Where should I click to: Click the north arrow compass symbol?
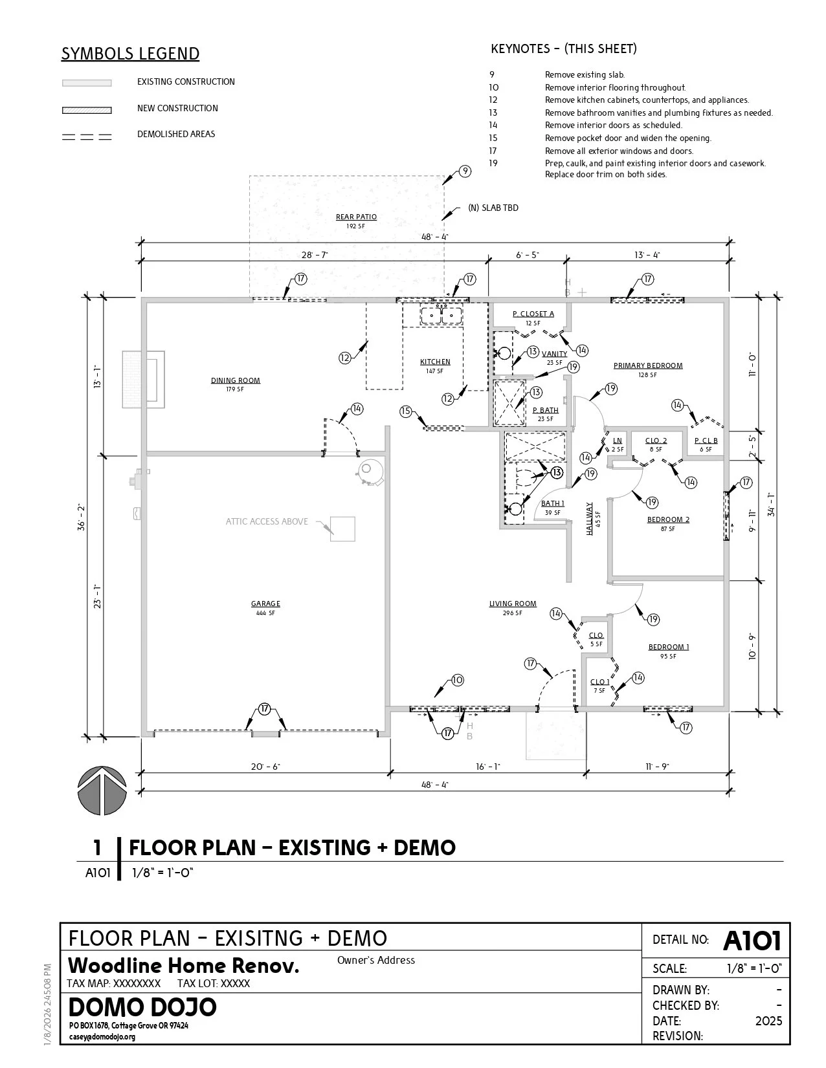point(102,791)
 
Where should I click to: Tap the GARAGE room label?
point(265,604)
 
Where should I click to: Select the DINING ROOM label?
point(236,380)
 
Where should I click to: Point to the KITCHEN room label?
point(435,362)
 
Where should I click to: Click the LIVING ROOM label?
point(513,604)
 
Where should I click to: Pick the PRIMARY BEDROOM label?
point(648,366)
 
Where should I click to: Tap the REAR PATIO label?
point(356,217)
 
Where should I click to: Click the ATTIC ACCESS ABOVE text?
point(267,521)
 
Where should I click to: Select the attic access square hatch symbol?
point(342,529)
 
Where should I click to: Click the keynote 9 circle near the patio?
point(465,171)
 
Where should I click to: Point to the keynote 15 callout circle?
point(406,411)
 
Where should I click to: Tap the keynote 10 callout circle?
point(458,680)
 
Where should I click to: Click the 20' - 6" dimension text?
point(265,767)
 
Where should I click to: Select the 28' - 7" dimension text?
point(315,255)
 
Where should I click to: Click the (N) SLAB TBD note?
point(493,208)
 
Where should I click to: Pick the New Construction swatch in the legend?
point(87,110)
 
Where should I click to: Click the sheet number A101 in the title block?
point(752,941)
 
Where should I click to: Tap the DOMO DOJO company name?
point(142,1008)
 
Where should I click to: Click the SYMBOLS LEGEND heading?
point(130,54)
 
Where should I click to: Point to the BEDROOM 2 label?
point(668,519)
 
